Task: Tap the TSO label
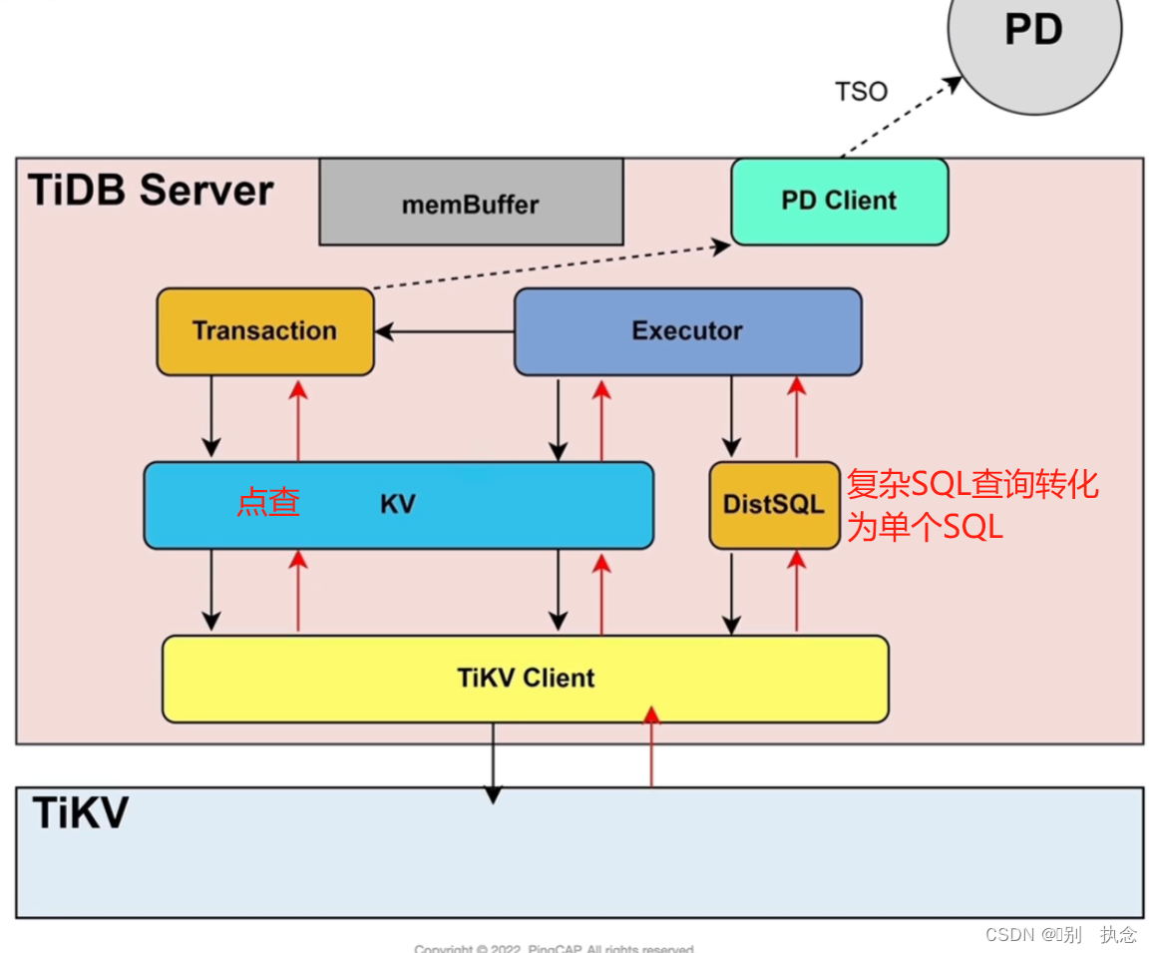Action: (861, 92)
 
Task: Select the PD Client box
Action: (839, 201)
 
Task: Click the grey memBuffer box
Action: (471, 204)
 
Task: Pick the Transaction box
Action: (264, 331)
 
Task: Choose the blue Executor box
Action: (687, 331)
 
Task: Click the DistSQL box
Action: (774, 504)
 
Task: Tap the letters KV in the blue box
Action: (397, 504)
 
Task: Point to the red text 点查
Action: (267, 502)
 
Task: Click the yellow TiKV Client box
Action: (526, 679)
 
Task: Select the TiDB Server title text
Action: (151, 190)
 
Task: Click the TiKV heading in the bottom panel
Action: (80, 812)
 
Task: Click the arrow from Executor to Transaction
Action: (444, 331)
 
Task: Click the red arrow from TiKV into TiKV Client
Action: (651, 748)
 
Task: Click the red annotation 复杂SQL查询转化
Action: (971, 485)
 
